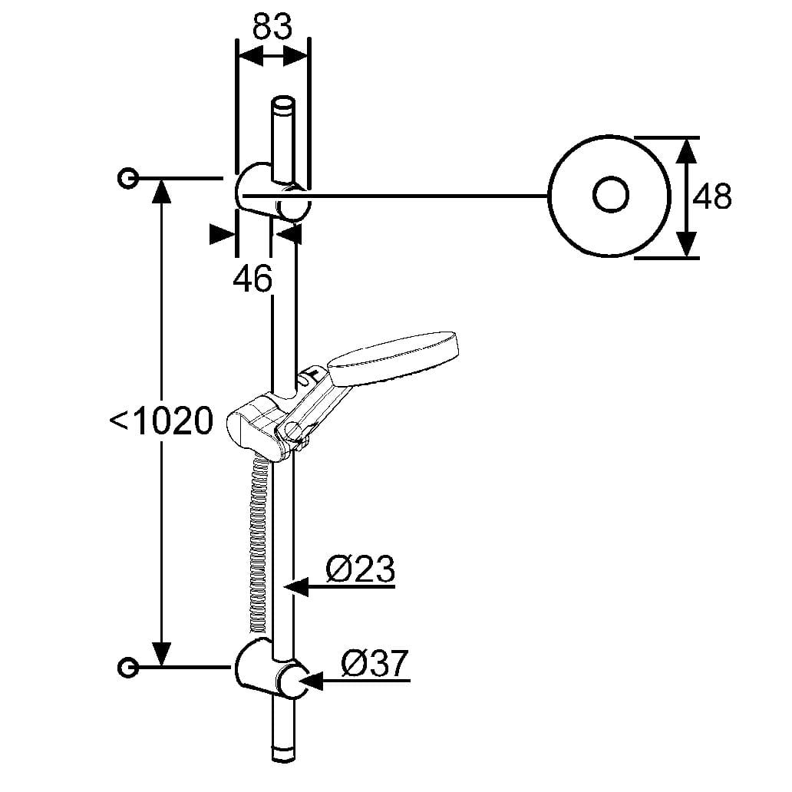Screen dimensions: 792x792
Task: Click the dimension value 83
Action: pos(272,28)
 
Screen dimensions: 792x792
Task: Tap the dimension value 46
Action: pos(252,279)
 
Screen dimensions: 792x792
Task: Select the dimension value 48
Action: pos(712,197)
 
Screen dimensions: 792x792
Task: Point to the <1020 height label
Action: pos(161,421)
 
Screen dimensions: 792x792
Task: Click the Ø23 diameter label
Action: pos(360,570)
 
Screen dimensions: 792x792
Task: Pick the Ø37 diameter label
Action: pos(374,663)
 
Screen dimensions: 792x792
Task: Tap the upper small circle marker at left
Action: pos(128,179)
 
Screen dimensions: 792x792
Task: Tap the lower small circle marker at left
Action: pos(128,667)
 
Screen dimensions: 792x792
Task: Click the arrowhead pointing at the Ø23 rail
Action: pos(295,588)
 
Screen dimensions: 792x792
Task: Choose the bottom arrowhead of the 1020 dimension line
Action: pos(161,655)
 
